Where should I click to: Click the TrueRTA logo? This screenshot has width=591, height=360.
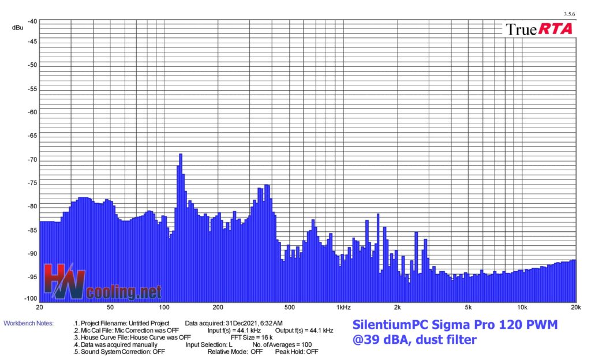point(539,29)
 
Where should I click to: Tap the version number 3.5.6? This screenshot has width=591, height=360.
point(569,14)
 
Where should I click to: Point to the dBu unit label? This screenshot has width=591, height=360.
point(17,28)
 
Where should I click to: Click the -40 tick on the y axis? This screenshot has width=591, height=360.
point(32,21)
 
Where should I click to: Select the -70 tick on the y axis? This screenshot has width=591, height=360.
point(32,160)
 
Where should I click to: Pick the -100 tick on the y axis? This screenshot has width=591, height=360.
point(31,299)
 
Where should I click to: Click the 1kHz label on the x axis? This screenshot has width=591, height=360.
point(343,307)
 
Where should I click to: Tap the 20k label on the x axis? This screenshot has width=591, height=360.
point(575,307)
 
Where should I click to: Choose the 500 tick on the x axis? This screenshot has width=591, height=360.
point(290,307)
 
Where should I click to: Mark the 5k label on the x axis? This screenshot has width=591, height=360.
point(468,307)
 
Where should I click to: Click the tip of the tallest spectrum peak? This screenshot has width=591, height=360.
point(181,154)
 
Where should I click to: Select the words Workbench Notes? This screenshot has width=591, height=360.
point(29,323)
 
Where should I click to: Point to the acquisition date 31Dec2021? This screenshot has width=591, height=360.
point(242,323)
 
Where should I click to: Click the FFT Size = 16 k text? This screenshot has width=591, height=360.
point(252,337)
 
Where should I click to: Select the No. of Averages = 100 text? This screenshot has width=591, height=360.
point(282,344)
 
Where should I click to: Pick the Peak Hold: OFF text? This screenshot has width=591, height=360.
point(297,352)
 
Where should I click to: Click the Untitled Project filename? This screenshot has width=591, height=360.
point(149,323)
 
